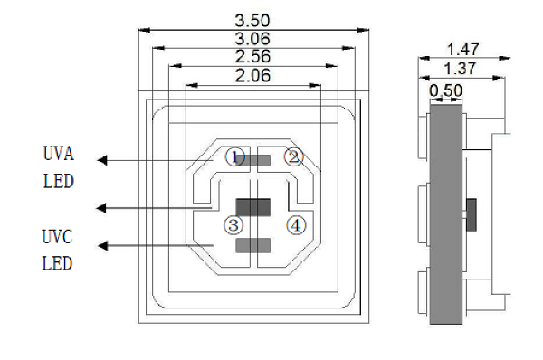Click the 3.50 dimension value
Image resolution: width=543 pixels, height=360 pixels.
point(252,21)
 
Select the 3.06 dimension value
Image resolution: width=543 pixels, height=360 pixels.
point(252,38)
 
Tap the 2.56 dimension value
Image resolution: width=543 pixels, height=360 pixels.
point(252,56)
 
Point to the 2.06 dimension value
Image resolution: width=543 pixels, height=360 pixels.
point(252,75)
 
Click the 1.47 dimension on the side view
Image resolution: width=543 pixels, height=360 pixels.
point(463,49)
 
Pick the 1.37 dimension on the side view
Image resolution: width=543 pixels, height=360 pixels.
point(460,68)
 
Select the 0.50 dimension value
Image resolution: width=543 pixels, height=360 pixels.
point(445,90)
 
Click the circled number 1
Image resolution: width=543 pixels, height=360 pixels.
point(234,157)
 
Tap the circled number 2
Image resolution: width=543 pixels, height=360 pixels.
point(293,156)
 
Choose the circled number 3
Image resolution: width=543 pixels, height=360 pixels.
point(233,225)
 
